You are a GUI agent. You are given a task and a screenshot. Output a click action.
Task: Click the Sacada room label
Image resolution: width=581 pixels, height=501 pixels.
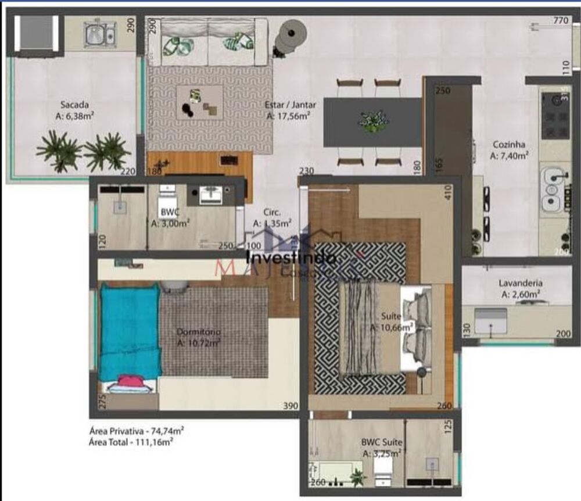click(x=75, y=105)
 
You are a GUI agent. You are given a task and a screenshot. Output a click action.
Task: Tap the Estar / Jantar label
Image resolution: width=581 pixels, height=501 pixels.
click(x=290, y=105)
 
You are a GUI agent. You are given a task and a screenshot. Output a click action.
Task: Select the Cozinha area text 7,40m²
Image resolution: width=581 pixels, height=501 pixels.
click(x=509, y=156)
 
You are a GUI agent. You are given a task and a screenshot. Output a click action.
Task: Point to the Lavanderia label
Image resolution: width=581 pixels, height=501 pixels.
click(x=521, y=284)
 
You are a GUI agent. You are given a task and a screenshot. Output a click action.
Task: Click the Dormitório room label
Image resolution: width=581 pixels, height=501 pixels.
click(x=199, y=332)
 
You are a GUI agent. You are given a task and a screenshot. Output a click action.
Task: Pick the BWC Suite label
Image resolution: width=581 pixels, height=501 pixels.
click(x=382, y=442)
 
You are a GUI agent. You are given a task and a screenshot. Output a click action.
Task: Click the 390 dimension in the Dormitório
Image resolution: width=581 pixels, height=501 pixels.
click(x=290, y=406)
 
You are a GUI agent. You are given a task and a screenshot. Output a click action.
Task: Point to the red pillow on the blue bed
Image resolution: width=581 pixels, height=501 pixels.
click(x=130, y=382)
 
